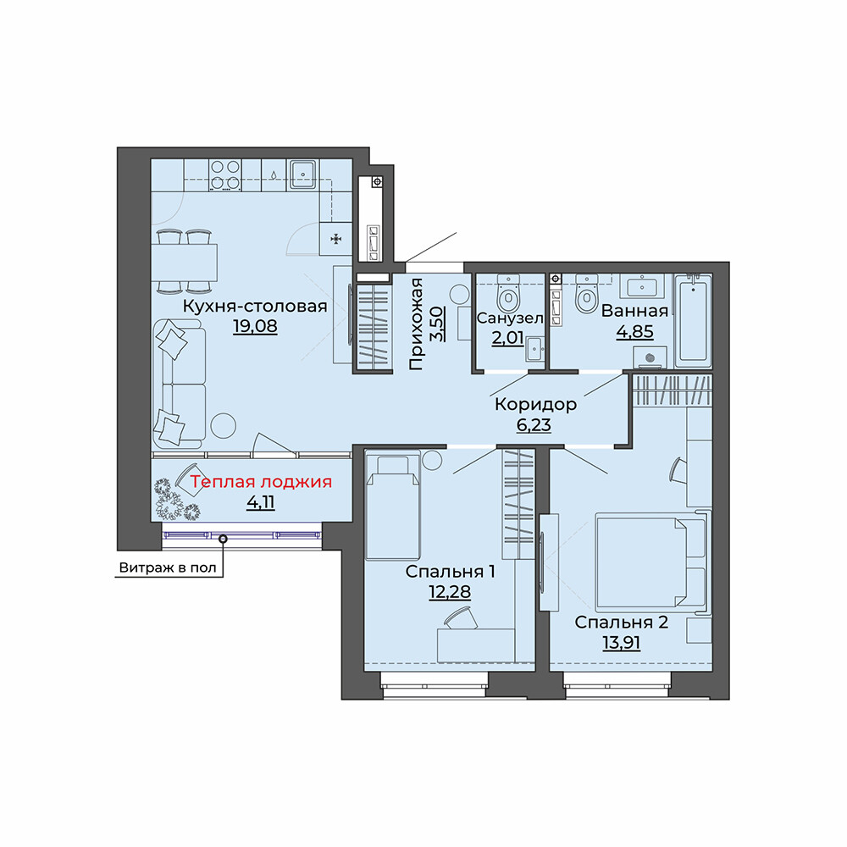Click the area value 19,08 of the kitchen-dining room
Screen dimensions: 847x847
tap(255, 326)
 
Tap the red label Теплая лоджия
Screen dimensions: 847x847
tap(260, 481)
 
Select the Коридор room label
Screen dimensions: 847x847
tap(535, 404)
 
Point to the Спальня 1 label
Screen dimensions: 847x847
tap(450, 571)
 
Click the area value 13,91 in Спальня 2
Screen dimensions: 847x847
tap(621, 643)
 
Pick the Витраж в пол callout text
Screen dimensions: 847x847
tap(168, 567)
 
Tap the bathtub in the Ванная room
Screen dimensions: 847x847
tap(693, 318)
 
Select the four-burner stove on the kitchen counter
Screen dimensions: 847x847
tap(226, 175)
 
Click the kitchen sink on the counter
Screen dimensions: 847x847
tap(303, 174)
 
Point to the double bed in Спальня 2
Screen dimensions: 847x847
tap(651, 562)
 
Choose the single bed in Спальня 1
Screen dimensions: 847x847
tap(393, 507)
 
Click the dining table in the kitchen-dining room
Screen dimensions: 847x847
tap(185, 263)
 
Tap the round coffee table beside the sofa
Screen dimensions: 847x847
tap(223, 426)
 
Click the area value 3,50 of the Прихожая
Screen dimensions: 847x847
tap(437, 323)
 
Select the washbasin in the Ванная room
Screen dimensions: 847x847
tap(642, 285)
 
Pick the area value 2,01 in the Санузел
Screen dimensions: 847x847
tap(507, 338)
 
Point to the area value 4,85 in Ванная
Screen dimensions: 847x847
tap(634, 331)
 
